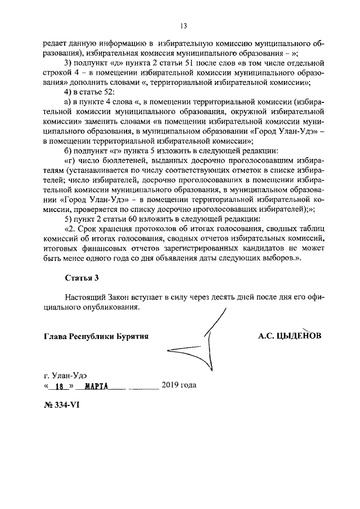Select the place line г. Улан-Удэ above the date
(65, 374)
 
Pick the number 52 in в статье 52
(108, 92)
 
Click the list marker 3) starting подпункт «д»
(69, 62)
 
